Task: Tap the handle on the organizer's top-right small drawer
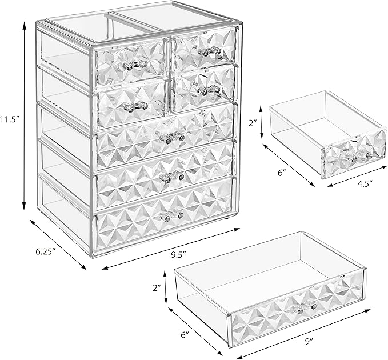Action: pyautogui.click(x=209, y=51)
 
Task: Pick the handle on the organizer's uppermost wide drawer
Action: pyautogui.click(x=171, y=137)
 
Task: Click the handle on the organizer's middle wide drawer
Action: pyautogui.click(x=172, y=176)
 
